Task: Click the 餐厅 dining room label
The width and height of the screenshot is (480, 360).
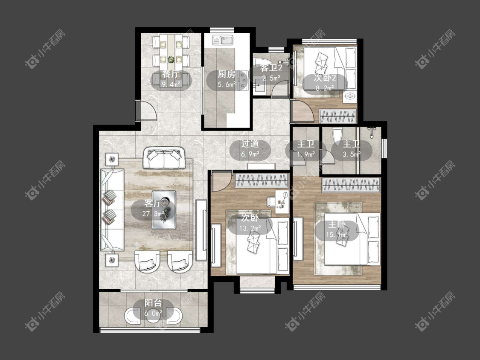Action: tap(171, 74)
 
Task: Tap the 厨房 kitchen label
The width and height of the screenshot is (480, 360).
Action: tap(227, 74)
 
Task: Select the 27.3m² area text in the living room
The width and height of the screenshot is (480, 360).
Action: tap(153, 213)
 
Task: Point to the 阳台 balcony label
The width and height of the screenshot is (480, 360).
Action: tap(153, 303)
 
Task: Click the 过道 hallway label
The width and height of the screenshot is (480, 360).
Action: tap(250, 144)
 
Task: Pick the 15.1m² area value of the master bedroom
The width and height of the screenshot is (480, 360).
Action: tap(337, 235)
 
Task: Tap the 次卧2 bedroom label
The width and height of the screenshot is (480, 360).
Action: tap(325, 78)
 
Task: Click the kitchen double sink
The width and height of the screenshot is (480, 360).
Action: tap(223, 40)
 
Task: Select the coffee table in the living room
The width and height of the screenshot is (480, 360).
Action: tap(164, 210)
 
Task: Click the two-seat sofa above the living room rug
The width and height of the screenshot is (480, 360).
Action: tap(164, 158)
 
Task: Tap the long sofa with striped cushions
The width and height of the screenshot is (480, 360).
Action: tap(112, 210)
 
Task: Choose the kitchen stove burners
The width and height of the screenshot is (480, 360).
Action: tap(244, 80)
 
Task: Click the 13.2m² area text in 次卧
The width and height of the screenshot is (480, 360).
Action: tap(250, 228)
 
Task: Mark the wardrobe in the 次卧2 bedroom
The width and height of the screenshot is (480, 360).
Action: tap(337, 116)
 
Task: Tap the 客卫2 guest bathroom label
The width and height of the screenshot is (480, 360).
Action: tap(271, 68)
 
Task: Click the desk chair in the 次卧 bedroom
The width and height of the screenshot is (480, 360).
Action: tap(271, 201)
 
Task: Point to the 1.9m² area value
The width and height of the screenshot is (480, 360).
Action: tap(306, 154)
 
